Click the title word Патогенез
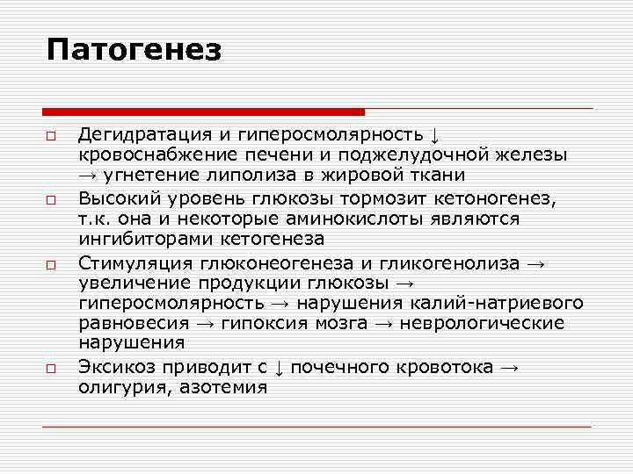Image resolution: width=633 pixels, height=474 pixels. (135, 50)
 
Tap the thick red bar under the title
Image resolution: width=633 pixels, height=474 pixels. (203, 111)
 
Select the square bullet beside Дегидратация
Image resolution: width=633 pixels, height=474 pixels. (52, 136)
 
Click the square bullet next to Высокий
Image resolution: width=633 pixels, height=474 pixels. (52, 199)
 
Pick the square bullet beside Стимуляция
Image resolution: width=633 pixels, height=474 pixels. (52, 262)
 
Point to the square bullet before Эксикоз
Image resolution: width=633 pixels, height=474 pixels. (52, 367)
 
